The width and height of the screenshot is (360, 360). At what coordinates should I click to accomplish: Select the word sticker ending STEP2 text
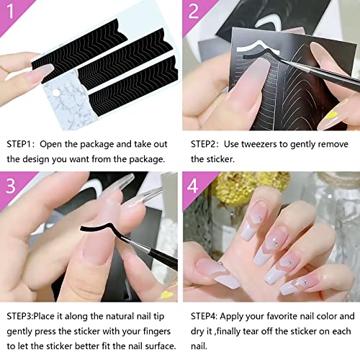[x=217, y=159]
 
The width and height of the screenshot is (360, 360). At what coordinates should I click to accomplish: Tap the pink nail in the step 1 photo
[x=36, y=72]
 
